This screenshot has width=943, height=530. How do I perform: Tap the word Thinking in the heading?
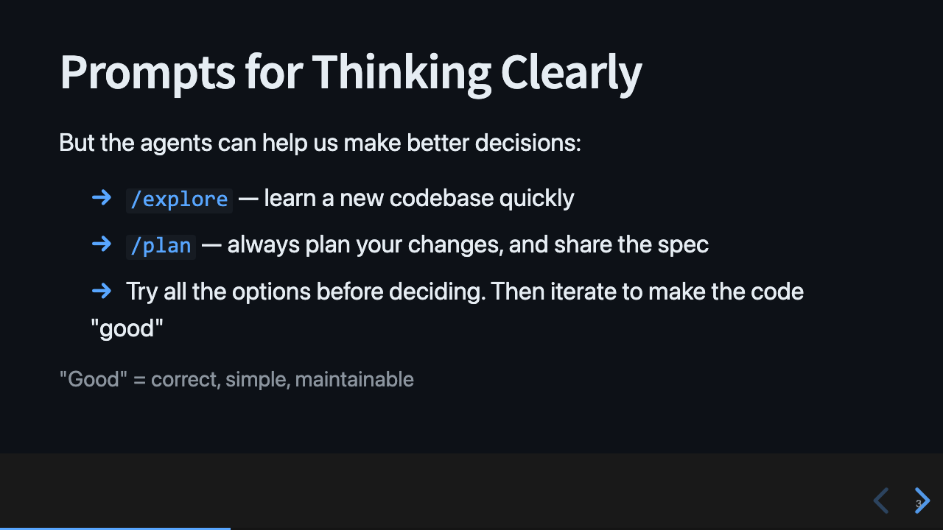(x=402, y=73)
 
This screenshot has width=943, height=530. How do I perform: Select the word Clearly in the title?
(x=571, y=73)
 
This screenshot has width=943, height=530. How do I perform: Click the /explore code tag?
(x=179, y=199)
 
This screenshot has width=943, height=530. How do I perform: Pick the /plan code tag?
(x=161, y=246)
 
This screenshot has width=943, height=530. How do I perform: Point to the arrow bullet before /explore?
(x=102, y=197)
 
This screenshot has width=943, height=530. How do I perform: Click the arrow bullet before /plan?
(x=102, y=244)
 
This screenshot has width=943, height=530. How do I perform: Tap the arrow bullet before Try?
(x=102, y=291)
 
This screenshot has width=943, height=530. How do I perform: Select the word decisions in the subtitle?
(x=527, y=143)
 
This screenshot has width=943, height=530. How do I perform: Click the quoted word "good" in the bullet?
(x=127, y=328)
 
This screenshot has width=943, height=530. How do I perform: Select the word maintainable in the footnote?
(x=354, y=380)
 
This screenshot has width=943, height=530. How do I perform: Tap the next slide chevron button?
(x=922, y=501)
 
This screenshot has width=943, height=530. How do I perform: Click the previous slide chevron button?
(x=881, y=501)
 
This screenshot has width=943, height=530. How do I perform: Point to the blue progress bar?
(x=115, y=528)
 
